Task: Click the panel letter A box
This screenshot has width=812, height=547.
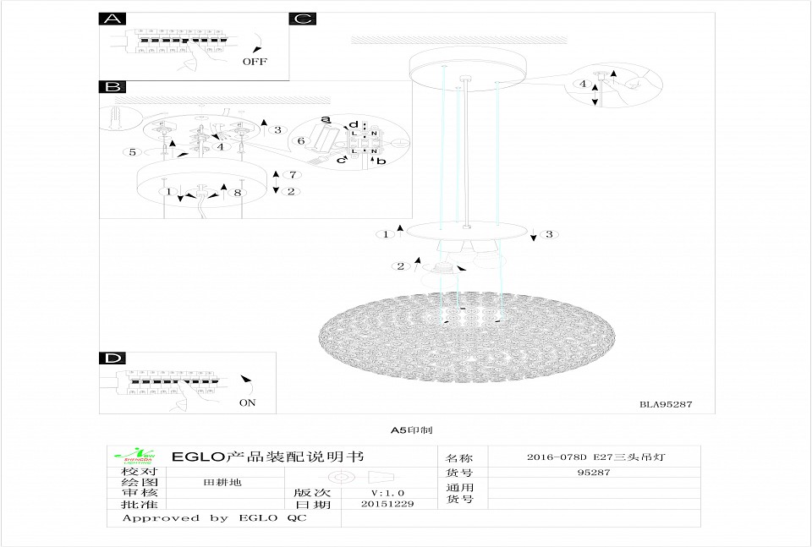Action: [111, 19]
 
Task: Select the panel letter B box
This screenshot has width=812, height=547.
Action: [111, 87]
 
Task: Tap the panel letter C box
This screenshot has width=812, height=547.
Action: [302, 19]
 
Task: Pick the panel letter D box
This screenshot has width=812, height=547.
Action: [111, 358]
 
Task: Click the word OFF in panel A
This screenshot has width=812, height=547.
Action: [254, 62]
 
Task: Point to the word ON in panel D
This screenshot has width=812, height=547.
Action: [247, 403]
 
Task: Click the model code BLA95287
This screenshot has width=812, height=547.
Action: [666, 404]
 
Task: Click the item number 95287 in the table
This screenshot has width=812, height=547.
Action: [594, 473]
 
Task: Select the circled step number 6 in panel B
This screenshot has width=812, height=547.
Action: [299, 140]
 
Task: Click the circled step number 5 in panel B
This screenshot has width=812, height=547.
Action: [133, 152]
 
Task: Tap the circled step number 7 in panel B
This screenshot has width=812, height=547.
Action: [293, 174]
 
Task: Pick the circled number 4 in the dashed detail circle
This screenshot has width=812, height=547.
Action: [583, 84]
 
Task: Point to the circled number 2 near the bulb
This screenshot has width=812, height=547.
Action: [399, 266]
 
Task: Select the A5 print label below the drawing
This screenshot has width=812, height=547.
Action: [412, 430]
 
